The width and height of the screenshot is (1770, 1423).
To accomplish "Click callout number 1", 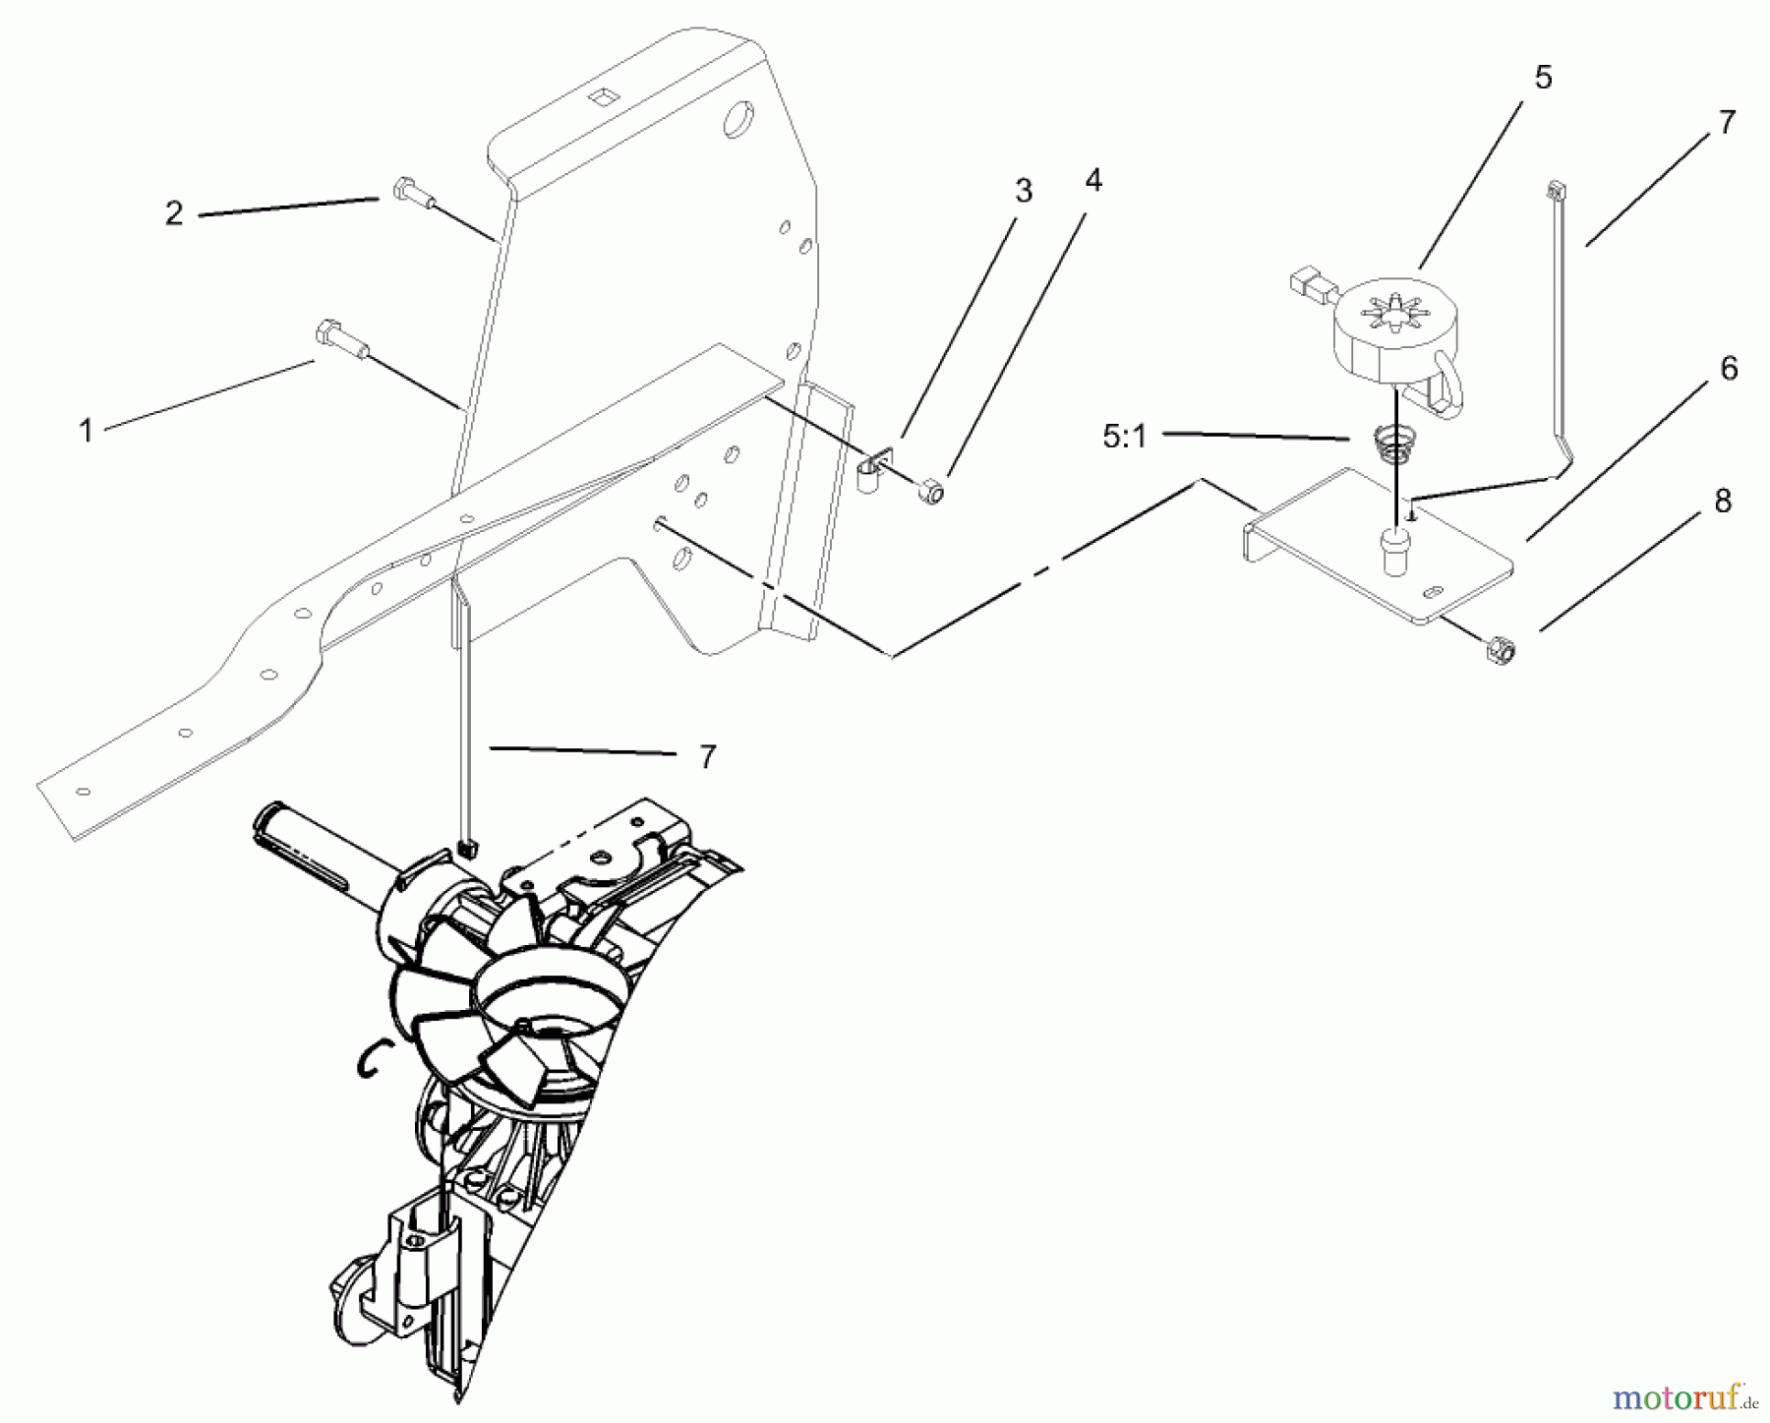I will coord(87,430).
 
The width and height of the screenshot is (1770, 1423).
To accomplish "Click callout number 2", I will coord(174,213).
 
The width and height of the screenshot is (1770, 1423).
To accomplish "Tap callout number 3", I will coord(1024,191).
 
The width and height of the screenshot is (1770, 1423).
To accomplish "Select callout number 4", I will coord(1093,180).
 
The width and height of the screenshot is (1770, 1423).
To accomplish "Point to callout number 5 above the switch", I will coord(1543,78).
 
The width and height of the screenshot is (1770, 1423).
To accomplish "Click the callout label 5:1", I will coord(1125,437).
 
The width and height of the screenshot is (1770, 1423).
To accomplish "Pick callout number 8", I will coord(1723,501).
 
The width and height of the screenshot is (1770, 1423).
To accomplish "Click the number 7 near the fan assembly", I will coord(707,756).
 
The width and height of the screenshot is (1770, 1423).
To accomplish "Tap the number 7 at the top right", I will coord(1727,123).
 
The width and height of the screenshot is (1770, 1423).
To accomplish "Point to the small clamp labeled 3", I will coord(872,470).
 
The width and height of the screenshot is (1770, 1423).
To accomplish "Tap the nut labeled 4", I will coord(929,489).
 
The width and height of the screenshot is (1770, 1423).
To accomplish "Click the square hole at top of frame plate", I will coord(599,96).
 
